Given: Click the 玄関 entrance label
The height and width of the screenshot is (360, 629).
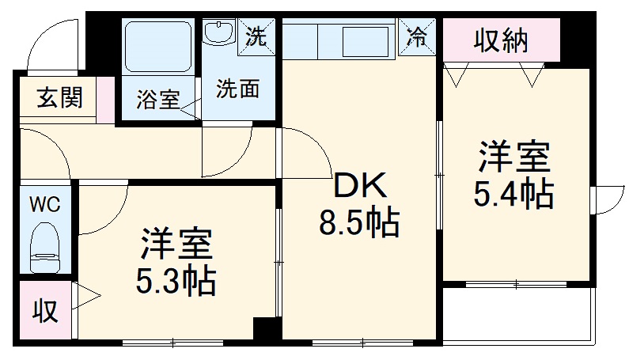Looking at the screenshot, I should coord(59,99).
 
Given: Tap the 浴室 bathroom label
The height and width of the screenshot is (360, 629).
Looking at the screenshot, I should coord(157,100).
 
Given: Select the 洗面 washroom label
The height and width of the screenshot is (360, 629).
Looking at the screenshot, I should coord(237,89).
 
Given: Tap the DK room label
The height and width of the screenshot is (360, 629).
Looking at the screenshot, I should coord(360,187).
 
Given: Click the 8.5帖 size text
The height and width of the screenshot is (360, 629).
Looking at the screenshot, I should coord(359,224).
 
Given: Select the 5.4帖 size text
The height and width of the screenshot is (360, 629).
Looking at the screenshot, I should coord(513,194).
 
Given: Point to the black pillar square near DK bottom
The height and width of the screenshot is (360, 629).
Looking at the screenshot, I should coord(267,331).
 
